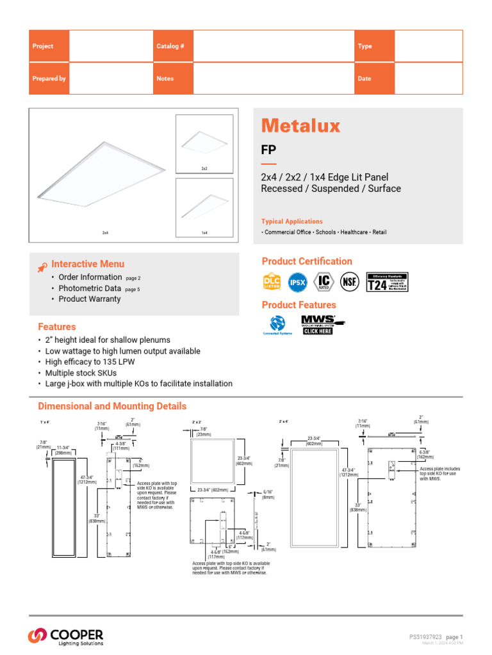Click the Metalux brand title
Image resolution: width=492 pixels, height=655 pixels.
pos(300,125)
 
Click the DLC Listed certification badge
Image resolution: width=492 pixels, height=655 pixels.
pos(272,281)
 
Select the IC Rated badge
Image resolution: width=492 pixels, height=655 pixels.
pos(325,281)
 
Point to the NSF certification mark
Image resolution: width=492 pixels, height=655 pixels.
pos(350,281)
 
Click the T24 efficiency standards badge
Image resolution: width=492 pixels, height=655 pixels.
pos(387,281)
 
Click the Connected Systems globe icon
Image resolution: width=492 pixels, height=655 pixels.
pos(277,322)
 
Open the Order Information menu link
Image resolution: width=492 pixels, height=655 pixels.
pos(90,277)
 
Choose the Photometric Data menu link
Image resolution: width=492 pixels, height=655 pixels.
pos(90,288)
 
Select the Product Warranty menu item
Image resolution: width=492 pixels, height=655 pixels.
pos(90,299)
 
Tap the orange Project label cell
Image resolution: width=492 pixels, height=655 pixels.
pos(49,46)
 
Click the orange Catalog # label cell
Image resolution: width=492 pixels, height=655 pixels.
pos(172,46)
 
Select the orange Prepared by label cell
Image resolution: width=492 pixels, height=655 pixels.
pos(49,79)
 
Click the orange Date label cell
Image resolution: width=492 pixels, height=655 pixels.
pos(375,79)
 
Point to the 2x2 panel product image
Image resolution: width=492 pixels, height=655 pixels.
pos(204,143)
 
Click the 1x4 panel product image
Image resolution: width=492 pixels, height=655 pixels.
pos(204,208)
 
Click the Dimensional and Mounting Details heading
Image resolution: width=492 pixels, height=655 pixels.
pos(112,406)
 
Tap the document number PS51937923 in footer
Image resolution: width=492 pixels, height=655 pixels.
pos(425,637)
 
